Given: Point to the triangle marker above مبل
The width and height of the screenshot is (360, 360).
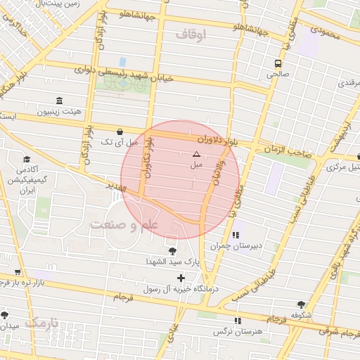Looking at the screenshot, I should tap(196, 153).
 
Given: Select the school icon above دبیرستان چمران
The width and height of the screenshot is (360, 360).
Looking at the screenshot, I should tap(235, 234).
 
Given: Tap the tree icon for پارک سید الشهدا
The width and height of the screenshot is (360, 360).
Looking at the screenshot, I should tap(172, 250).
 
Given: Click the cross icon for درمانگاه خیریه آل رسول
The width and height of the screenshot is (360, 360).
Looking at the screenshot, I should tap(181, 278).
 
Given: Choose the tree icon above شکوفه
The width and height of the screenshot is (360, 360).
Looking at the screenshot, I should tap(301, 304).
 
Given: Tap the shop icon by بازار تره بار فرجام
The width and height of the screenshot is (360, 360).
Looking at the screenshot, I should tap(18, 273).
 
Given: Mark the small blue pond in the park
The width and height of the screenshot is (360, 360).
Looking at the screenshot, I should tap(123, 62).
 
